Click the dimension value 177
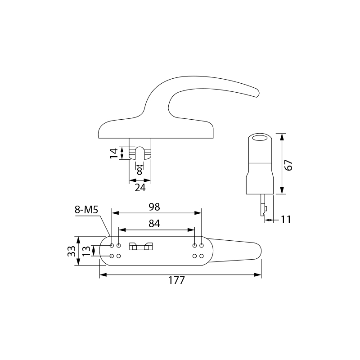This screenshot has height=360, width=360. tap(176, 280)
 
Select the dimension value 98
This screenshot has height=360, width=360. tap(154, 207)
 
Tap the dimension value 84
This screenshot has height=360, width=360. tap(154, 223)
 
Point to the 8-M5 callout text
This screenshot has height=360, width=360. tap(86, 210)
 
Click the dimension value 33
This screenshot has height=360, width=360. tap(72, 251)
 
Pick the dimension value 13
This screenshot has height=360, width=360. tap(86, 251)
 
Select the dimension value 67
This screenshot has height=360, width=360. tap(288, 165)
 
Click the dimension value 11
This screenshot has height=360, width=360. tap(286, 220)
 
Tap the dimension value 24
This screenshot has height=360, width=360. tap(140, 188)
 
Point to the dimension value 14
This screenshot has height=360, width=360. tap(114, 153)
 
